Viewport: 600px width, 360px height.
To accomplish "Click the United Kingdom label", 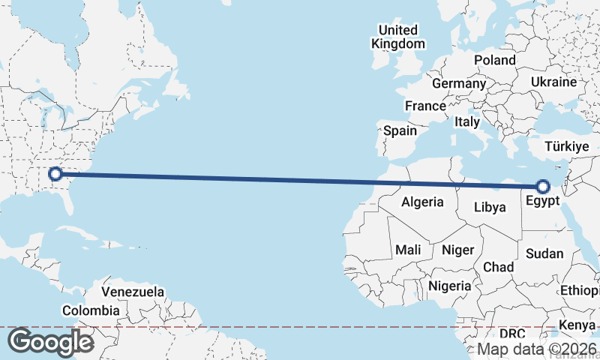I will point(397,37).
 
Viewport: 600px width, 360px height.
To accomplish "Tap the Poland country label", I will point(494,60).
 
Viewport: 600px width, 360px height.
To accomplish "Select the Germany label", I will point(459,83).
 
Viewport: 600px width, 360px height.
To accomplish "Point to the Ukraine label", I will point(553,82).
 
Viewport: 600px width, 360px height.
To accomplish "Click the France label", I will point(425,106).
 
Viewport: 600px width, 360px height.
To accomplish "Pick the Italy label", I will point(467,121).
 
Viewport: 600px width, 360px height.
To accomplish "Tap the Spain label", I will point(400,130).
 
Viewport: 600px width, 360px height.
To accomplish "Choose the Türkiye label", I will point(567,146).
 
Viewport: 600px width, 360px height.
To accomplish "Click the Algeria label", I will point(422,202).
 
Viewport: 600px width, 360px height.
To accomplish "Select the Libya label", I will point(490,206).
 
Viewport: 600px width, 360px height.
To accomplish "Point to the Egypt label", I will point(542,201).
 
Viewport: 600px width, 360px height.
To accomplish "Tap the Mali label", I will point(408,250).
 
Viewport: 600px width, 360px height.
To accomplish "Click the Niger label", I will point(457,250).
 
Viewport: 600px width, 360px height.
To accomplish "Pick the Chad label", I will point(499,267).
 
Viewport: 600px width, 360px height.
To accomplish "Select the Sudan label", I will point(544,253).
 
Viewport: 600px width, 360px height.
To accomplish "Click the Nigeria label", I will point(450,286).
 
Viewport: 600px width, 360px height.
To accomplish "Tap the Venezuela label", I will point(133,291).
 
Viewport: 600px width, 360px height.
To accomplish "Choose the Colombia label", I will point(91,310).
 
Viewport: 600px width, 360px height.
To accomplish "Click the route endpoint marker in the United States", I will point(55,175).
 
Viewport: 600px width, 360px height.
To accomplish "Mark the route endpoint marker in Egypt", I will point(542,186).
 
